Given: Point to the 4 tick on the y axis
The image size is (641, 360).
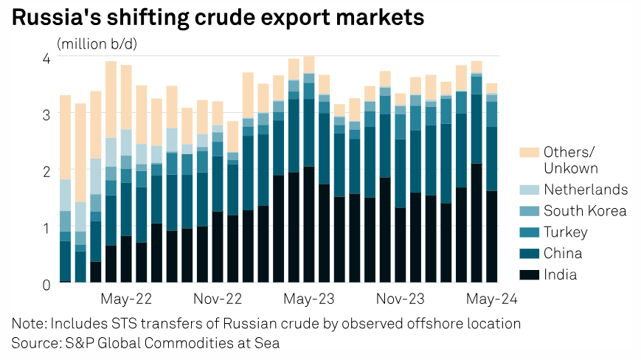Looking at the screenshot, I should tap(46, 58).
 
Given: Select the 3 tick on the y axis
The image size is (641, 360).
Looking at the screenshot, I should tap(46, 115).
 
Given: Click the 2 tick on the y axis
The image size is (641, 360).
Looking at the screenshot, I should tap(46, 171).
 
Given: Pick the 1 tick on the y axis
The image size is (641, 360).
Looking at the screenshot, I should tap(46, 228).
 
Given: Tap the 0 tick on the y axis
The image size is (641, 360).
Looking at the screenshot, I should tap(46, 284).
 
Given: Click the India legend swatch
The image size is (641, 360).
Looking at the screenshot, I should tap(529, 275).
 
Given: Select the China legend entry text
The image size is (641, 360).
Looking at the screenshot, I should tap(563, 254).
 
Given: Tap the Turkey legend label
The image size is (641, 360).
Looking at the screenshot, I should tap(566, 232).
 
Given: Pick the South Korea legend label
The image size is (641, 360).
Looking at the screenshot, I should tap(585, 211).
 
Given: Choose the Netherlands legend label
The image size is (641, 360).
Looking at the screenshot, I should tap(586, 190).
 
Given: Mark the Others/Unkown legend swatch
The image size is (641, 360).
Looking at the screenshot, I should tap(529, 153).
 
